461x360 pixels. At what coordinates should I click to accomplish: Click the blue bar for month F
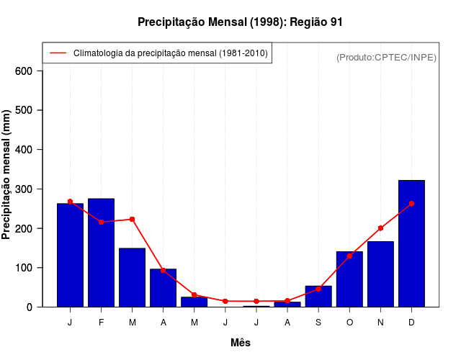[x=101, y=252]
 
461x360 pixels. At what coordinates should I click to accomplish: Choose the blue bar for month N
[x=380, y=274]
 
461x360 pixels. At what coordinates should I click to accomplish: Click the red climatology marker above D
[x=411, y=204]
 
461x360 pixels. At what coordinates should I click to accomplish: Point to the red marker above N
[x=380, y=228]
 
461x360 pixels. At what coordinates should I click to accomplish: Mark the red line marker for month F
[x=101, y=222]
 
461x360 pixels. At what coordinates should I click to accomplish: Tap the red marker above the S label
[x=318, y=289]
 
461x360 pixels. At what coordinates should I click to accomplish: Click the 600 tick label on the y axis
[x=24, y=71]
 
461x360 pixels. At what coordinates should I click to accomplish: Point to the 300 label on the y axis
[x=24, y=189]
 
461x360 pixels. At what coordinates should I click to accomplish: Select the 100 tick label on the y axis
[x=24, y=268]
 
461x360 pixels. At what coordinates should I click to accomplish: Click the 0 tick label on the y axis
[x=30, y=307]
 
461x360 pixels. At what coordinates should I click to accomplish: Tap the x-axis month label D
[x=411, y=323]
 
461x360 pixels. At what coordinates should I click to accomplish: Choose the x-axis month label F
[x=101, y=323]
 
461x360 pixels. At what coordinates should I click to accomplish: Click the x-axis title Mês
[x=241, y=343]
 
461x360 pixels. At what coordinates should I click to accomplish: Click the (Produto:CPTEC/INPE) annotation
[x=386, y=57]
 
